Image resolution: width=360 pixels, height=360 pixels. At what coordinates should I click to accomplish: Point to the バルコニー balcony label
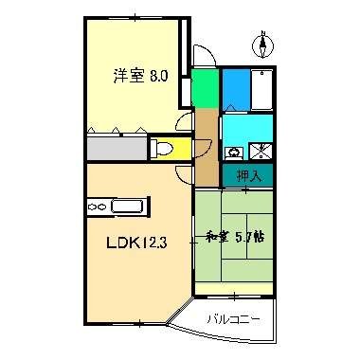233,320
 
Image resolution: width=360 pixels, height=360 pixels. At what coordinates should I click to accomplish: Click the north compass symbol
262,45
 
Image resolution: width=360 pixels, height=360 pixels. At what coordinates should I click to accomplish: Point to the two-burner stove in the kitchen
98,205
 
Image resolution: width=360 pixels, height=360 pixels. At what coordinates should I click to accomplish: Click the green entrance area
204,89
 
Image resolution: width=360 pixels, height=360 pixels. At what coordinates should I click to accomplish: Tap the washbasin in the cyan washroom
233,151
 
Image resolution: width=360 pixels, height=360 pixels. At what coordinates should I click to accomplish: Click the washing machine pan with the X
260,150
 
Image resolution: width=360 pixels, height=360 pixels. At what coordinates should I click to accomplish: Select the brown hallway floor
207,147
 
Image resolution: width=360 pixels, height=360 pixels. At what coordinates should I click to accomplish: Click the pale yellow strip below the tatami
237,288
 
